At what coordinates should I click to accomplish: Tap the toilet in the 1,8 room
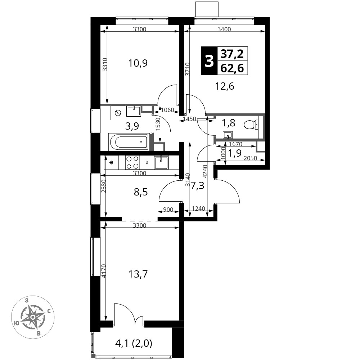point(251,125)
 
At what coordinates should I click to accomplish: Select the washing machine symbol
point(118,113)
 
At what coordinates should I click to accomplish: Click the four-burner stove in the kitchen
point(133,163)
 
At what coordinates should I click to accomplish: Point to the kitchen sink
point(161,162)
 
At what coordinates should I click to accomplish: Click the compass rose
point(33,317)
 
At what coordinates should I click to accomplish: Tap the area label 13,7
point(138,274)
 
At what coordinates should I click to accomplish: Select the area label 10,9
point(138,63)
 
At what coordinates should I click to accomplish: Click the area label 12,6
point(225,86)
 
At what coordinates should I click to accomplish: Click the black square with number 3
point(209,61)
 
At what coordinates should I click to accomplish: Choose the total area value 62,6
point(232,68)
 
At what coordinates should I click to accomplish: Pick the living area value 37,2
point(232,54)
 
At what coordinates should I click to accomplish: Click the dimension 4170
point(104,271)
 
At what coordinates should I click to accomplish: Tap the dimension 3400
point(224,29)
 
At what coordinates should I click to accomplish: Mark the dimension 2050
point(250,158)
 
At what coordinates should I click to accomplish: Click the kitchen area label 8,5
point(141,192)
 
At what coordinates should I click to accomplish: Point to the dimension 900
point(168,210)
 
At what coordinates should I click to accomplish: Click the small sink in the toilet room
point(228,135)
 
